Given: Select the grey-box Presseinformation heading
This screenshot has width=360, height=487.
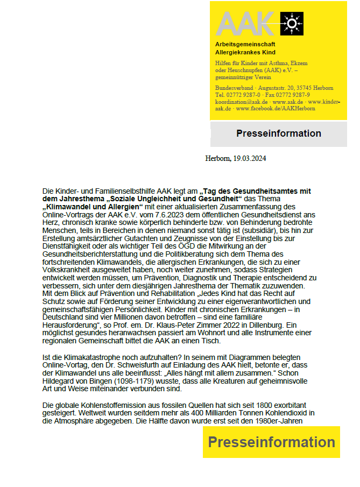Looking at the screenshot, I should (x=278, y=133).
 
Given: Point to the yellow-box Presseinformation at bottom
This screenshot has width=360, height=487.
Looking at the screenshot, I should (x=271, y=442).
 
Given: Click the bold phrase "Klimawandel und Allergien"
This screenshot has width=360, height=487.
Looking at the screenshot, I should (x=92, y=207).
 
